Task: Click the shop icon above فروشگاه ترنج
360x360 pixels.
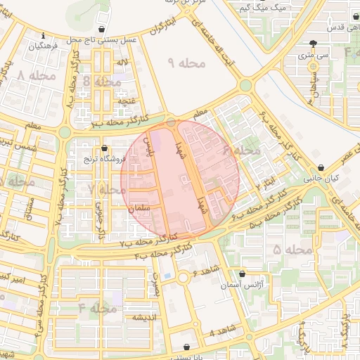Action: [105, 148]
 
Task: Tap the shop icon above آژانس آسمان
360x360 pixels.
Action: [243, 274]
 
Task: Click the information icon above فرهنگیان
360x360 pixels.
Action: [44, 35]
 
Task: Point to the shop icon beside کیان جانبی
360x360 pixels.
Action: [321, 167]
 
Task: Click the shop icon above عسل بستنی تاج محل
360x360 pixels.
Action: [104, 30]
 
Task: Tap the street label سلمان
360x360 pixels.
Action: [141, 209]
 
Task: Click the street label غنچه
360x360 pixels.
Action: [126, 101]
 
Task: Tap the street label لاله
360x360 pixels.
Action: [122, 63]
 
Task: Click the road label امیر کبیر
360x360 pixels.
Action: [32, 280]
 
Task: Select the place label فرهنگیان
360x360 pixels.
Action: [43, 45]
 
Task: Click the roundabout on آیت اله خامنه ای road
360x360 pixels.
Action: [245, 85]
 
